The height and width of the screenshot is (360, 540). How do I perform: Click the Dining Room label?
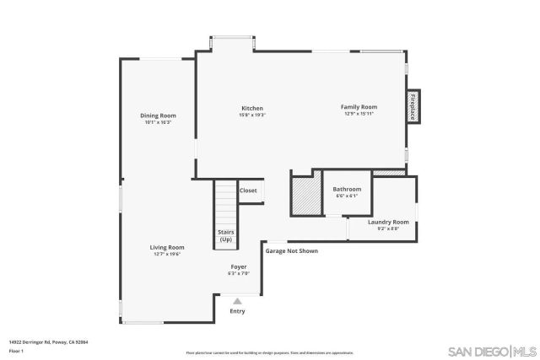(157, 116)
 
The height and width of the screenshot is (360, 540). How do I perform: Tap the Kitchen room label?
(252, 108)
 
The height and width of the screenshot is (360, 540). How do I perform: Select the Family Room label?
(359, 107)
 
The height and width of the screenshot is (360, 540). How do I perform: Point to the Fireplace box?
(413, 107)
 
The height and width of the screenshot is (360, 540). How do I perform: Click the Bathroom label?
(347, 189)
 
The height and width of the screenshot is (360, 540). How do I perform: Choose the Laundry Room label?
(388, 222)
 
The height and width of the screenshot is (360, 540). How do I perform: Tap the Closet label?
(248, 191)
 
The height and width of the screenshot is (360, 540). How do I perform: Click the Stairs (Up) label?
(226, 235)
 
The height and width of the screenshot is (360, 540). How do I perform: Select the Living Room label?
(166, 247)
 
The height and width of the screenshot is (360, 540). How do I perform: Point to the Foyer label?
(240, 266)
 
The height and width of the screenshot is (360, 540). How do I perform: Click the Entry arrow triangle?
(237, 300)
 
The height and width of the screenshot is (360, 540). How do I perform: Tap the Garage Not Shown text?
(292, 250)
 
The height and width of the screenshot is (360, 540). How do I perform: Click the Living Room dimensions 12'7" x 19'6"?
(166, 254)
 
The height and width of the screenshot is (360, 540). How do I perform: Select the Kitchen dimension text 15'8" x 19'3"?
(252, 116)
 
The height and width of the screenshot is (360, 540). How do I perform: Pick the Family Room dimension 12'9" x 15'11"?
(359, 115)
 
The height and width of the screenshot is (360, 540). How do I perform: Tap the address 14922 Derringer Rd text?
(49, 342)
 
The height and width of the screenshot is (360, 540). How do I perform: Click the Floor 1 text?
(17, 350)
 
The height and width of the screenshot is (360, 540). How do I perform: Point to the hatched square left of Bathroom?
(303, 195)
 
